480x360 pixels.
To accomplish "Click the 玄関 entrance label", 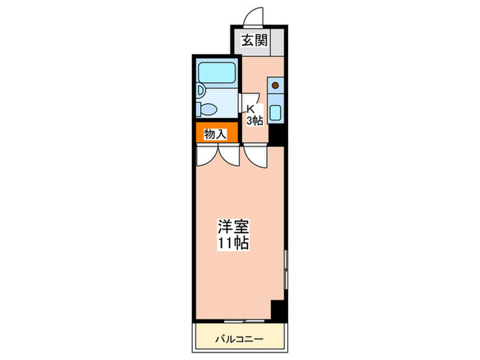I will (x=253, y=41).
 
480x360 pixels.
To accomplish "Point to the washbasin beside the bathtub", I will (x=200, y=90).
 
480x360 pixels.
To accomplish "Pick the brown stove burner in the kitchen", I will (x=275, y=85).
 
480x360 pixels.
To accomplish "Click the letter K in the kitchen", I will (x=251, y=108).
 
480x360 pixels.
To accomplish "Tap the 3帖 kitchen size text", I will (x=254, y=121).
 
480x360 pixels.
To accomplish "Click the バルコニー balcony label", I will (x=238, y=338).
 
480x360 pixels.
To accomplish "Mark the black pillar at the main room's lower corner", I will (x=276, y=309).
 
